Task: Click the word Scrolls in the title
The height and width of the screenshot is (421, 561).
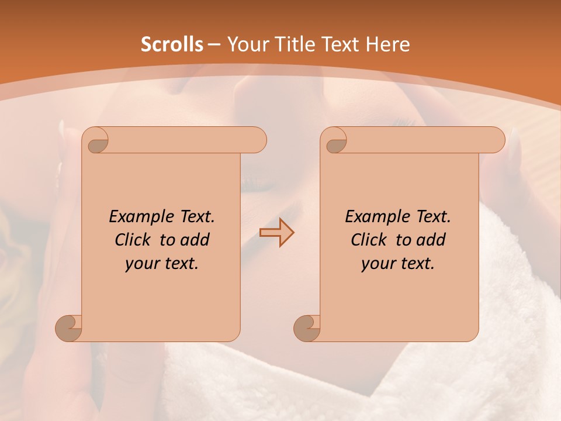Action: click(x=172, y=44)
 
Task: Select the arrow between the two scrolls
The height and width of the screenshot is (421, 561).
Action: click(x=276, y=233)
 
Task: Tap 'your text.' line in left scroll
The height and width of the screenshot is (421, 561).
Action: click(x=162, y=263)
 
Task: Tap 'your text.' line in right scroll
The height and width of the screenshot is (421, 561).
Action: click(x=398, y=263)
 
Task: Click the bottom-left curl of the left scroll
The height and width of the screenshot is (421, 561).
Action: click(x=69, y=328)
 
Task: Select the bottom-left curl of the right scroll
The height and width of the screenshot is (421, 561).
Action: click(x=307, y=328)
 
